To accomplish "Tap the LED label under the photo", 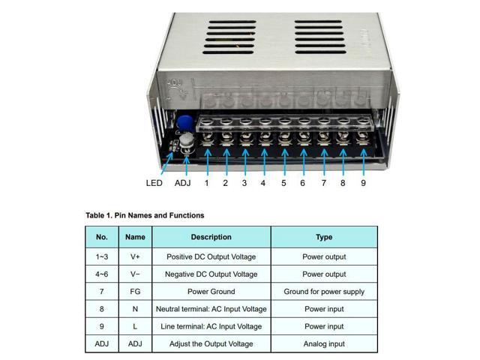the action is coord(154,183).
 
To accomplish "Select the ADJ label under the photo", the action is coord(183,183).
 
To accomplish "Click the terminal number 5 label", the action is coord(283,183).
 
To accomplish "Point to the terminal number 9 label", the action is coord(363,183).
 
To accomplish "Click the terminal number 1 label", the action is coord(206,183).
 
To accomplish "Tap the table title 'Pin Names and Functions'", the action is coord(145,215).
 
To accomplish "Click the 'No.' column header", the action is coord(102,237).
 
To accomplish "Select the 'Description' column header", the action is coord(211,237).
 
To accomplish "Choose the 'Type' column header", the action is coord(324,237).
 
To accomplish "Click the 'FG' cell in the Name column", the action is coord(135,292).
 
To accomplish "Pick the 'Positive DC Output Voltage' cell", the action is coord(211,256).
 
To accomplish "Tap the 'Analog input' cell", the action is coord(324,344).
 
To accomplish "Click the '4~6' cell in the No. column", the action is coord(102,274).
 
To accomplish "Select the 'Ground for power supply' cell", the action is coord(324,292).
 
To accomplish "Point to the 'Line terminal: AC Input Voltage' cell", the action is coord(211,327).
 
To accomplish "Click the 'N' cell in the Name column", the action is coord(135,309).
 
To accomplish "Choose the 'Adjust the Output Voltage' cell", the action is coord(211,344).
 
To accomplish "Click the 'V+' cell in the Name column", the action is coord(135,256).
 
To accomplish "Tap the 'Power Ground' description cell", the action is coord(211,292).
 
